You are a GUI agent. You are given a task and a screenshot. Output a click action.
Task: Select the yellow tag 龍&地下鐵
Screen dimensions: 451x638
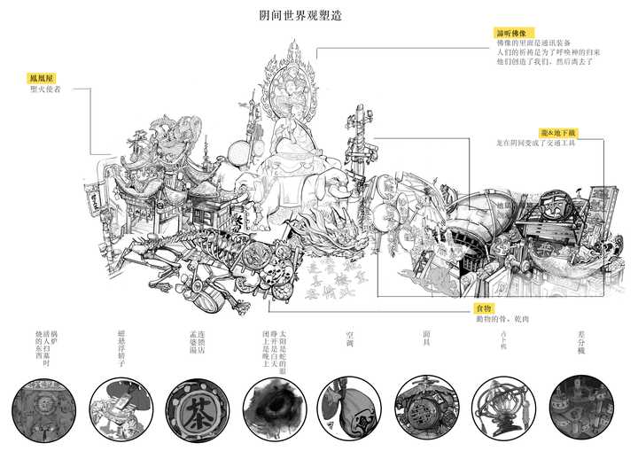pyautogui.click(x=561, y=131)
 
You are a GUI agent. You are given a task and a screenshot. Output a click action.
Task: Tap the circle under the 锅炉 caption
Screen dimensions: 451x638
pyautogui.click(x=42, y=410)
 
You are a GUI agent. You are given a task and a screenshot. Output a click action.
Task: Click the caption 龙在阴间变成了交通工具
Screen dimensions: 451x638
pyautogui.click(x=536, y=143)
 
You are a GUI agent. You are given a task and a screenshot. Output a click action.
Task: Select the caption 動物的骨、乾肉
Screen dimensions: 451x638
pyautogui.click(x=502, y=319)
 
